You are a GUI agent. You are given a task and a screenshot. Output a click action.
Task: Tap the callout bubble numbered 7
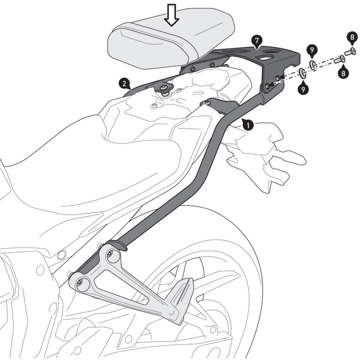coord(256,41)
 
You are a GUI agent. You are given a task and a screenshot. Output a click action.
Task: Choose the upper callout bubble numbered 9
coord(311,49)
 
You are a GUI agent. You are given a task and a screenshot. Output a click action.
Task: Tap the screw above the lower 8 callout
coord(339,58)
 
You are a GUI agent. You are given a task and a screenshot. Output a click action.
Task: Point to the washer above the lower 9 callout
coord(302,72)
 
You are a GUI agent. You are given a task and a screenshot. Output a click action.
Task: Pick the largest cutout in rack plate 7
coord(265,57)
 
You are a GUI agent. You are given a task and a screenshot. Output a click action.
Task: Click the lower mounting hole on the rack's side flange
coord(268,84)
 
